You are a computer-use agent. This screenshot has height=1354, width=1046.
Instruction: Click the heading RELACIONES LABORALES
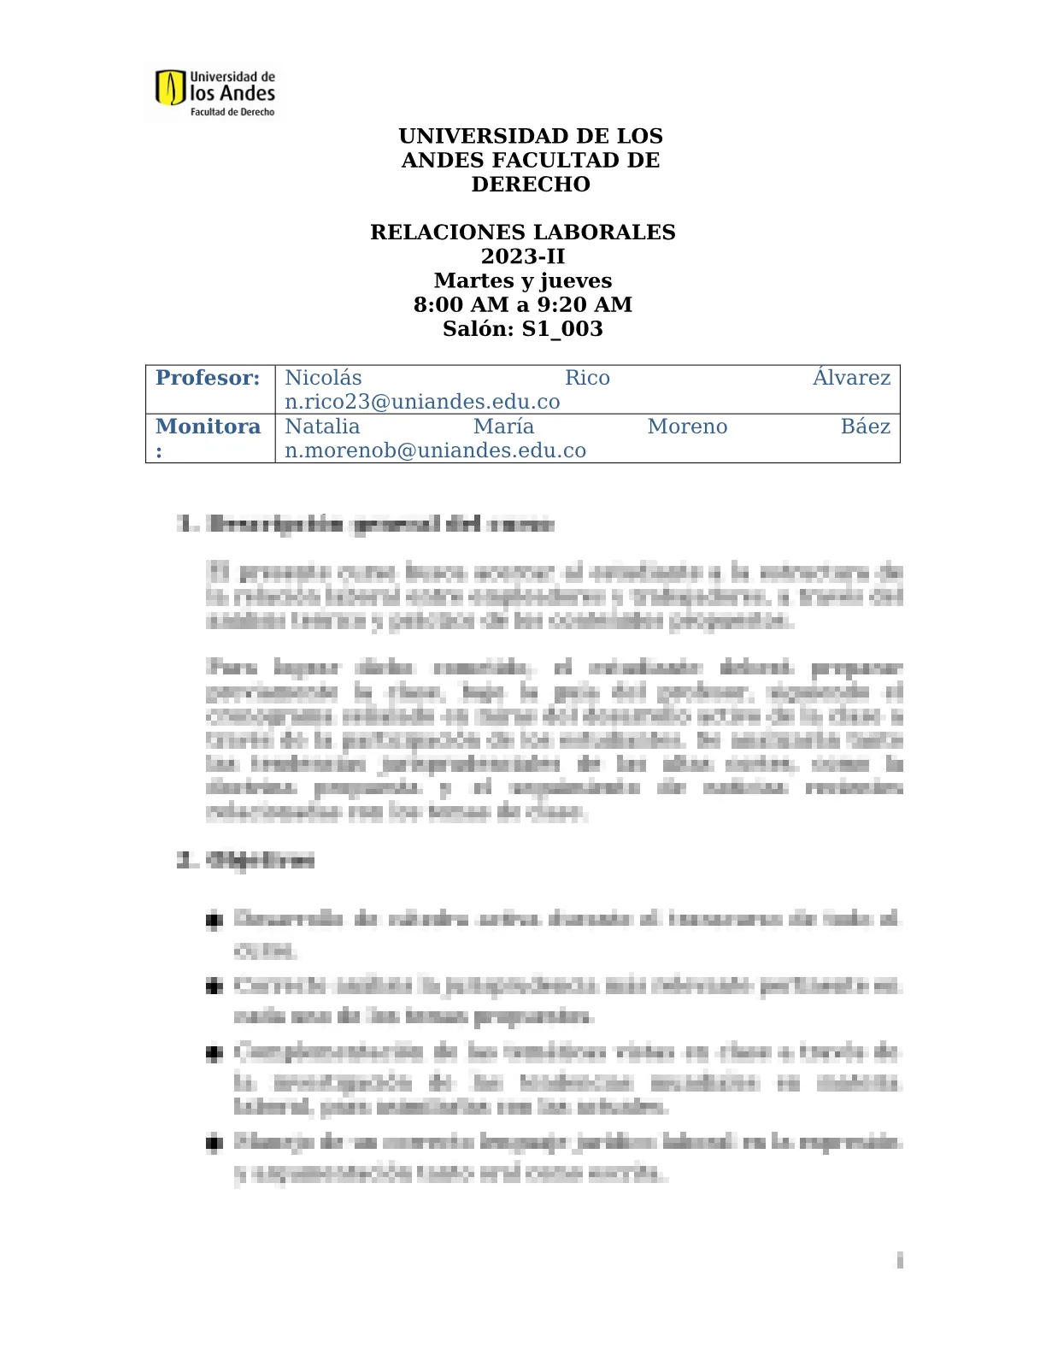(x=522, y=233)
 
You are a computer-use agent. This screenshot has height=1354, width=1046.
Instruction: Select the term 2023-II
(x=522, y=256)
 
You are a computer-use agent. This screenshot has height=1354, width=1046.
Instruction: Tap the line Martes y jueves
(x=522, y=280)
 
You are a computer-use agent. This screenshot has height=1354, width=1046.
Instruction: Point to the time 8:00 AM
(x=461, y=305)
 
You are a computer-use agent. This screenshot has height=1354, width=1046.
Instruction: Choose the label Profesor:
(x=208, y=378)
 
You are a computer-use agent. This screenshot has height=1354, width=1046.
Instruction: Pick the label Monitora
(x=208, y=427)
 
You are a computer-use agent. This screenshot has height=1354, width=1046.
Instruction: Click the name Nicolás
(x=323, y=378)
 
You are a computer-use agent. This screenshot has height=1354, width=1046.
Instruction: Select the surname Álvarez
(x=851, y=378)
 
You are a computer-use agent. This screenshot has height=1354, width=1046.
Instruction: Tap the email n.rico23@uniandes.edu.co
(x=422, y=402)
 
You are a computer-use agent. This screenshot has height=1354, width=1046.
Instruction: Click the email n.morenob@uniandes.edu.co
(x=435, y=450)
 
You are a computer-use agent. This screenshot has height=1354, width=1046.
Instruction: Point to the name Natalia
(x=322, y=427)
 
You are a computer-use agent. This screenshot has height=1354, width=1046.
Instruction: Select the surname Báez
(x=865, y=427)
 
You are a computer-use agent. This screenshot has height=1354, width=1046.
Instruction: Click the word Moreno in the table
(x=687, y=427)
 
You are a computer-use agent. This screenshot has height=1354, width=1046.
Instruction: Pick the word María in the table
(x=503, y=427)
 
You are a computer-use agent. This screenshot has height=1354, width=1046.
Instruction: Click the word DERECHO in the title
(x=531, y=185)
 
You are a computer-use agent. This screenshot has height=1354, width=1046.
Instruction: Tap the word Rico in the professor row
(x=587, y=378)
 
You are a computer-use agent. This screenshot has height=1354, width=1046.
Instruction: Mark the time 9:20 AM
(x=585, y=305)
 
